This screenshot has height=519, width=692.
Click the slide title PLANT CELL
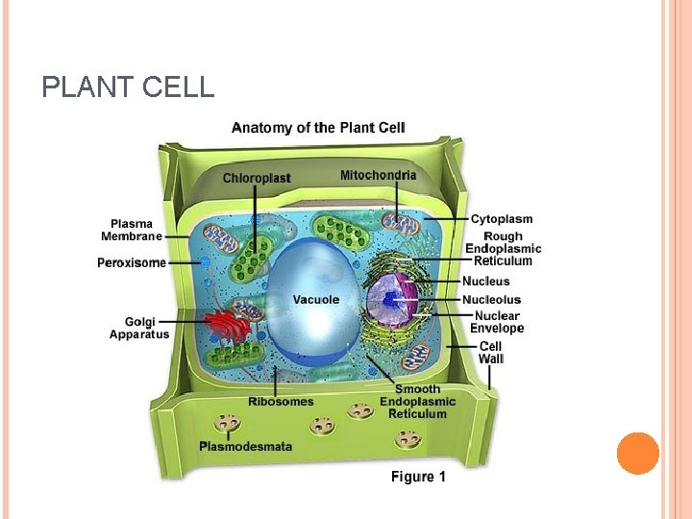click(x=128, y=88)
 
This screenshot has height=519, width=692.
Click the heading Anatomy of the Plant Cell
click(x=318, y=127)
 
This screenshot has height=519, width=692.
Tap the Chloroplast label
click(x=257, y=178)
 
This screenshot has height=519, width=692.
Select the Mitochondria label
click(x=379, y=175)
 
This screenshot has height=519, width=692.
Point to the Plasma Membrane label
click(x=131, y=231)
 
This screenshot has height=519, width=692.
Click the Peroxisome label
click(x=132, y=262)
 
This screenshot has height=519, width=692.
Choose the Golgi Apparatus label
click(x=139, y=328)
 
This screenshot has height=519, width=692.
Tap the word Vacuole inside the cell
click(x=315, y=300)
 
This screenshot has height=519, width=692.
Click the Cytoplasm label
click(x=501, y=219)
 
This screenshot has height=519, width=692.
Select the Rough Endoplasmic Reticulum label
click(x=503, y=248)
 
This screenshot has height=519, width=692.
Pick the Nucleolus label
click(x=491, y=299)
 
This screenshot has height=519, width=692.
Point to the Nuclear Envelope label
click(x=496, y=322)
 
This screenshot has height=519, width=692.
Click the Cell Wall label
click(x=490, y=353)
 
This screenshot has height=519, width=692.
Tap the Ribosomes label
click(x=281, y=402)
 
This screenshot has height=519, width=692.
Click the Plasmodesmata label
click(x=245, y=446)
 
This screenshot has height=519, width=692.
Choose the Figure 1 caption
click(x=418, y=477)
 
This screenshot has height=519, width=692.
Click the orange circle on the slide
click(x=638, y=454)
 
